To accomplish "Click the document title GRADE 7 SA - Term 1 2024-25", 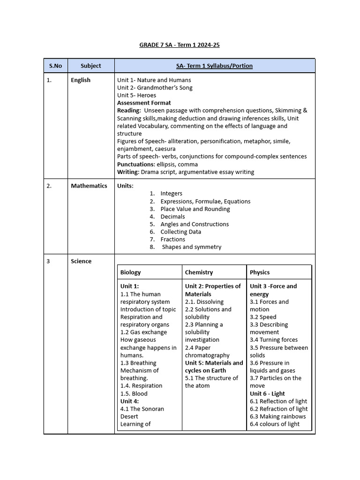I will click(x=180, y=45).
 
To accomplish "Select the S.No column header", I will click(x=55, y=66).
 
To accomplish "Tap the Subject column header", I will click(x=90, y=66).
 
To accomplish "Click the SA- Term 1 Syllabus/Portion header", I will click(x=214, y=66).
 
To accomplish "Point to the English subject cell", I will click(x=81, y=80).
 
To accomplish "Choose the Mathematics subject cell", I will click(x=89, y=186).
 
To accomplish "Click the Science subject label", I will click(x=81, y=261).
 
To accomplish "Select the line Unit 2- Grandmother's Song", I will click(x=155, y=88).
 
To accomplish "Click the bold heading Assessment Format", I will click(x=144, y=103).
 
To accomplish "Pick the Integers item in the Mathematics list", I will click(x=171, y=194).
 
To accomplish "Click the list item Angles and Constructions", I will click(x=195, y=224).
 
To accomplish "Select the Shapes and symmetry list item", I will click(x=191, y=247).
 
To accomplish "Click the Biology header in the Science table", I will click(x=130, y=272).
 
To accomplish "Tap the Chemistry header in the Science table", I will click(x=199, y=272).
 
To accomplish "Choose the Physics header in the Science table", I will click(x=260, y=272).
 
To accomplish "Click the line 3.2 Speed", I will click(x=263, y=317).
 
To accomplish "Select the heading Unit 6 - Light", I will click(x=267, y=394).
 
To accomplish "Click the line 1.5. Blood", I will click(x=134, y=394).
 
